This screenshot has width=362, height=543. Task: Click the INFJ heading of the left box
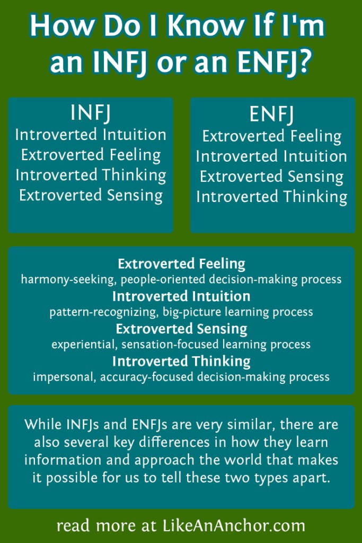click(91, 113)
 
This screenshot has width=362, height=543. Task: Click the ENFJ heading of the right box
click(271, 115)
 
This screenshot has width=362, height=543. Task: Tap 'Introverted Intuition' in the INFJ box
click(91, 134)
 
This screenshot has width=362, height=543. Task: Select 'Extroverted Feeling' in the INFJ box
click(91, 154)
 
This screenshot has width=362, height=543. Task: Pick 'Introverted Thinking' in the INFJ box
click(91, 174)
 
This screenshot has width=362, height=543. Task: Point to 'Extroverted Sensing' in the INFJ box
click(91, 195)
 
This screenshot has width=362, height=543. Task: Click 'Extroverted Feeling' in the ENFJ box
click(271, 136)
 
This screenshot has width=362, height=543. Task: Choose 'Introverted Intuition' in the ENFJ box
click(271, 156)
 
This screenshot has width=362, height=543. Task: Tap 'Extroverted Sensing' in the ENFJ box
click(271, 177)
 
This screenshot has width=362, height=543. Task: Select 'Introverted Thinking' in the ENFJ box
click(271, 197)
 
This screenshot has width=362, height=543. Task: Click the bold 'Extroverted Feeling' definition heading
click(181, 264)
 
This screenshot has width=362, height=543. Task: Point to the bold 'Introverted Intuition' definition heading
click(181, 296)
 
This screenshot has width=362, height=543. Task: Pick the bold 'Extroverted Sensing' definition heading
click(181, 329)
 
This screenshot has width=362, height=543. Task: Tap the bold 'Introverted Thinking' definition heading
click(181, 362)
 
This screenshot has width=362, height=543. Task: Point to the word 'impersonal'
click(59, 377)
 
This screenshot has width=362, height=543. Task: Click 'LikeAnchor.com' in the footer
click(232, 526)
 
